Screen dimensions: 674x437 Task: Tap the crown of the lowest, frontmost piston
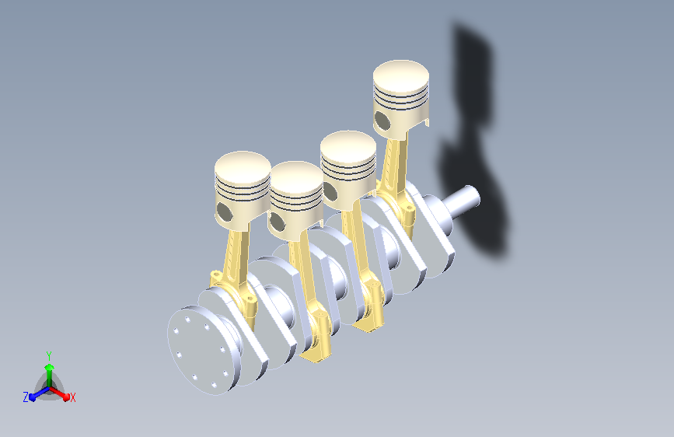(x=243, y=168)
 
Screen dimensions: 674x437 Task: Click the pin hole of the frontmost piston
(x=224, y=212)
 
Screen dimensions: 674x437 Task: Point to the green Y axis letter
(x=48, y=355)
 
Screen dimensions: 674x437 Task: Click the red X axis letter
(x=72, y=397)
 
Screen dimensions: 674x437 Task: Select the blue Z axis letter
(x=26, y=397)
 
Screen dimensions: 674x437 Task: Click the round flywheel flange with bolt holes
(x=201, y=350)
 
